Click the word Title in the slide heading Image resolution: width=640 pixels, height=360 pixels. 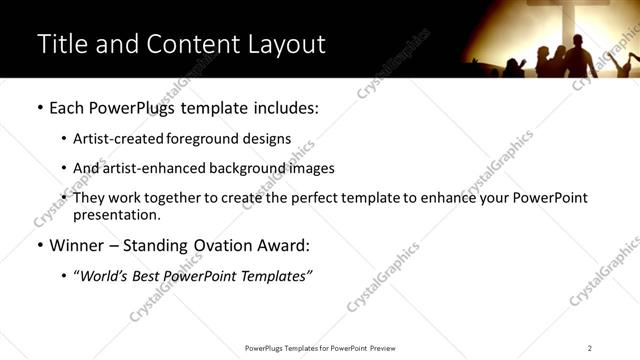click(62, 44)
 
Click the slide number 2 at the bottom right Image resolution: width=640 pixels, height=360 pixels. click(590, 347)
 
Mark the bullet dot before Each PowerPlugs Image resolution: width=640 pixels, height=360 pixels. click(39, 108)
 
